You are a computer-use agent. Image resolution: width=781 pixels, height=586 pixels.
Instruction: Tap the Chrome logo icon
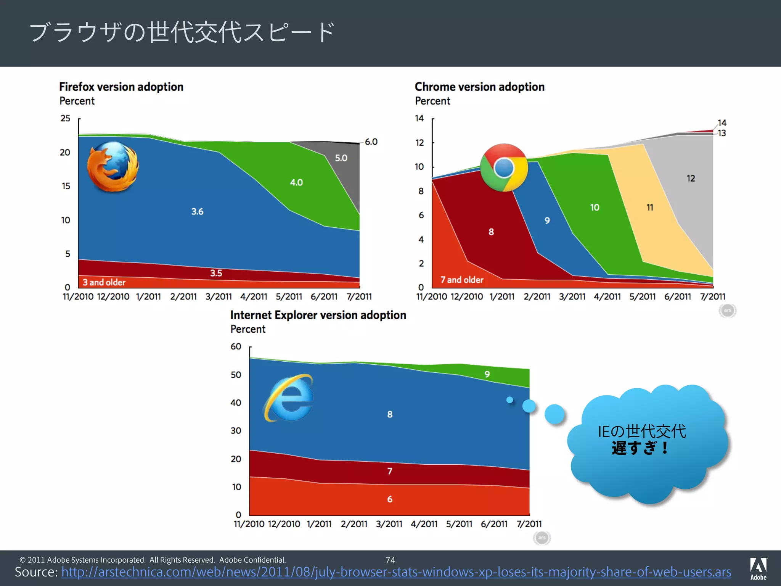[x=504, y=167]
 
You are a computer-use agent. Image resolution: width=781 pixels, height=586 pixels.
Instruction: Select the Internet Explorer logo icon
[x=289, y=398]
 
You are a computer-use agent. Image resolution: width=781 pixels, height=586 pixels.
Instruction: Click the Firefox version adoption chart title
[x=121, y=87]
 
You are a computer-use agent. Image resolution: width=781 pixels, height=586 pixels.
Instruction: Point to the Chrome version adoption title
[x=479, y=87]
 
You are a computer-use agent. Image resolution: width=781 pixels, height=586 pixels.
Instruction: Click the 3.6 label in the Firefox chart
[x=197, y=211]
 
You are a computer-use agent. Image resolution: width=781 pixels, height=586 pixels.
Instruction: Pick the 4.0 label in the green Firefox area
[x=296, y=182]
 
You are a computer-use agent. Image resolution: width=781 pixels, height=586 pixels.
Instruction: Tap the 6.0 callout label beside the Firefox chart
[x=371, y=142]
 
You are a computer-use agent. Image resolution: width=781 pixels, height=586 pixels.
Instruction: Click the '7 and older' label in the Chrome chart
[x=462, y=280]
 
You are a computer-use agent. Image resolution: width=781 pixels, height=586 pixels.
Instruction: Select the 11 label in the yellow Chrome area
[x=650, y=208]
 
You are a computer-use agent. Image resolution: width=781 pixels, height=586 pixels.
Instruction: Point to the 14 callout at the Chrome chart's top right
[x=722, y=123]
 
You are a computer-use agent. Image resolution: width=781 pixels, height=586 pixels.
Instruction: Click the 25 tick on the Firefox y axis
[x=66, y=118]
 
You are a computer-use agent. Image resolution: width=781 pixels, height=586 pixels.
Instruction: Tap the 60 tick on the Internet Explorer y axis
[x=236, y=346]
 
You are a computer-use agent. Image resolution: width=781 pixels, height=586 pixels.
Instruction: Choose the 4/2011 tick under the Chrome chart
[x=607, y=296]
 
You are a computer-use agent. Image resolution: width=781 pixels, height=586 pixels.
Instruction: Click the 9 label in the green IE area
[x=487, y=374]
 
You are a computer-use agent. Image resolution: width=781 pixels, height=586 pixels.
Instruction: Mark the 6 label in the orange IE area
[x=390, y=499]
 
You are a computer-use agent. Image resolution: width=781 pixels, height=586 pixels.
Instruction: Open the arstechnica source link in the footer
[x=396, y=572]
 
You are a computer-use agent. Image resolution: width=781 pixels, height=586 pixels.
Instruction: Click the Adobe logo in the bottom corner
[x=758, y=568]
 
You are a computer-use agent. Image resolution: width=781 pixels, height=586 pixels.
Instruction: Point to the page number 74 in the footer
[x=390, y=560]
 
